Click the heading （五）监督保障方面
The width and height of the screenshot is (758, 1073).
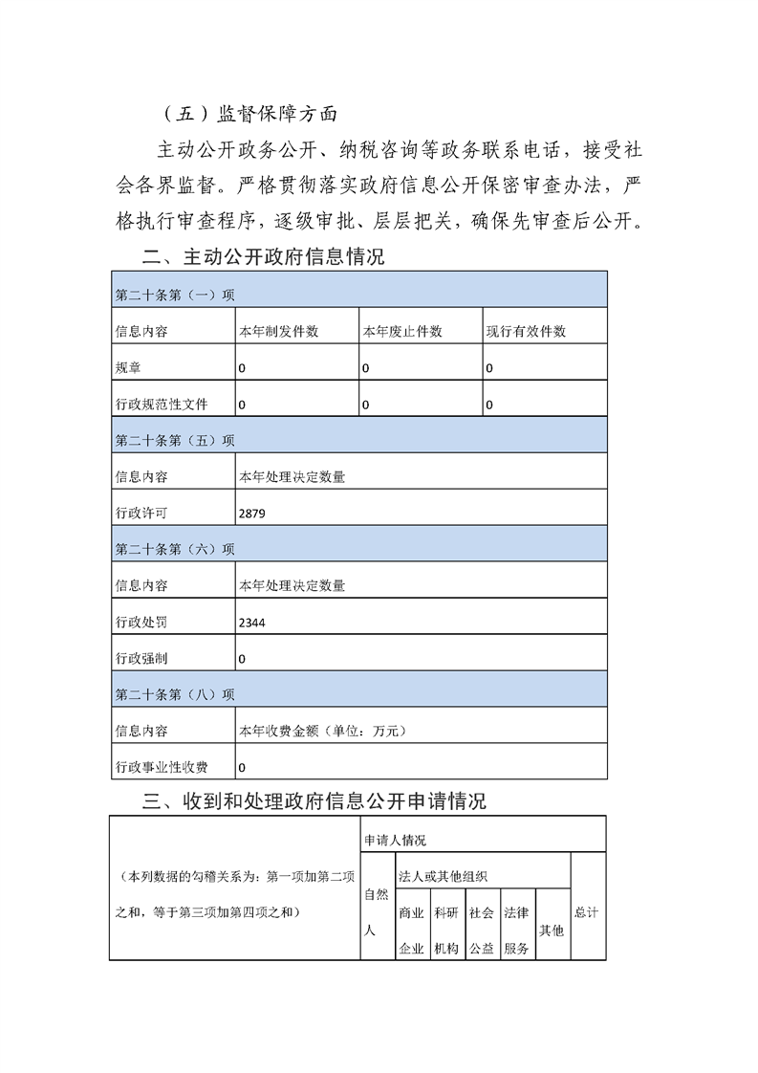(251, 113)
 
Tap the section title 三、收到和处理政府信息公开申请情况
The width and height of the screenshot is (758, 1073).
(314, 801)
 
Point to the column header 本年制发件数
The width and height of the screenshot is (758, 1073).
(278, 332)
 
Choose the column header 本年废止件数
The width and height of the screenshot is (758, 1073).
(401, 332)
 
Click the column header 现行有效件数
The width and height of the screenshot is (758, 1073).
(526, 332)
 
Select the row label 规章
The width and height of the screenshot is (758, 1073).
(127, 368)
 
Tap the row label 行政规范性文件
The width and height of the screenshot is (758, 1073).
(161, 405)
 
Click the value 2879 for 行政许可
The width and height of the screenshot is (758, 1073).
(252, 514)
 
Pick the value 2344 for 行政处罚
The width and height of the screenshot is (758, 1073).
(252, 623)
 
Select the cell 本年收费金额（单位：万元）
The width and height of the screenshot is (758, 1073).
(323, 731)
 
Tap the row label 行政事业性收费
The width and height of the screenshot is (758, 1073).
(161, 767)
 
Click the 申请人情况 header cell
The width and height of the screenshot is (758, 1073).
(395, 840)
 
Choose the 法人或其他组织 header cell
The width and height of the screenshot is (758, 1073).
(444, 876)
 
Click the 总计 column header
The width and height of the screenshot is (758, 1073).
(587, 912)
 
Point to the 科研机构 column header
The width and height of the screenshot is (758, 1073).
(445, 931)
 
